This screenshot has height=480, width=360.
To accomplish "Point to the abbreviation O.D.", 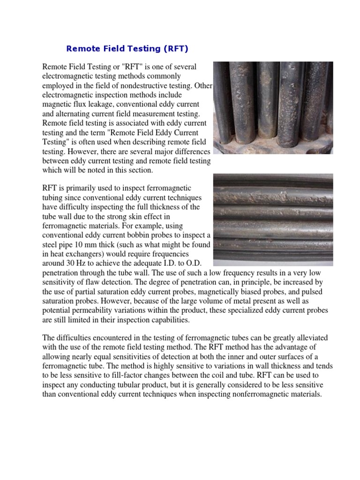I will click(x=201, y=263).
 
